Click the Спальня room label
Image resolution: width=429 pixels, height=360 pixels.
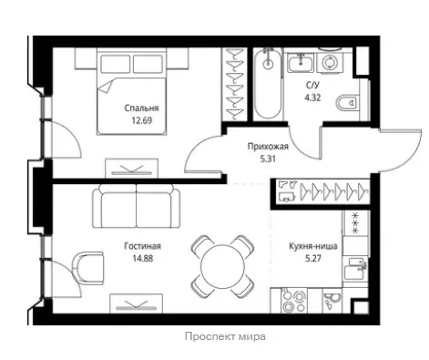point(141,108)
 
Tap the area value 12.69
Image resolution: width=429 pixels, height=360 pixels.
point(141,120)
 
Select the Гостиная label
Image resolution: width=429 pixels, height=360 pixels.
point(142,246)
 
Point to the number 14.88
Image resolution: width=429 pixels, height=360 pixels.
point(142,259)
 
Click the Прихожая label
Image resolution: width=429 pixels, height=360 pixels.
point(268,147)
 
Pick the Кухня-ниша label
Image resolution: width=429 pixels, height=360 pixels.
point(313,246)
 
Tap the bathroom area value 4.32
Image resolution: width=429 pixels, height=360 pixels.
point(312,98)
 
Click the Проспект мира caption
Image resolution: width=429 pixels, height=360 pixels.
point(225,336)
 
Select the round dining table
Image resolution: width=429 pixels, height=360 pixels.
point(222,266)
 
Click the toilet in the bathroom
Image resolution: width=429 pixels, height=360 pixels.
point(348,103)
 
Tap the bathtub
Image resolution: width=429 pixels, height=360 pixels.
point(268,84)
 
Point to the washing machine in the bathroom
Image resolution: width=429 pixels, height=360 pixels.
point(329,63)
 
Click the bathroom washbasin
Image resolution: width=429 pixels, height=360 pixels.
point(301,63)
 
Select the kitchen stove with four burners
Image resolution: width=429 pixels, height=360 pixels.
point(293,301)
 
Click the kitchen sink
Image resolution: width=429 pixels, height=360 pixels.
point(355,268)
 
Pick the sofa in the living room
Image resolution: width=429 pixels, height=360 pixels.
point(136,206)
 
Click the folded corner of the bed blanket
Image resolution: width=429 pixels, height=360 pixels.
point(105,87)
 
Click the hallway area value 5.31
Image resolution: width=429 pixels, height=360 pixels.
point(268,159)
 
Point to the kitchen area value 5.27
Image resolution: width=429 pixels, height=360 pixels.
point(313,259)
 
